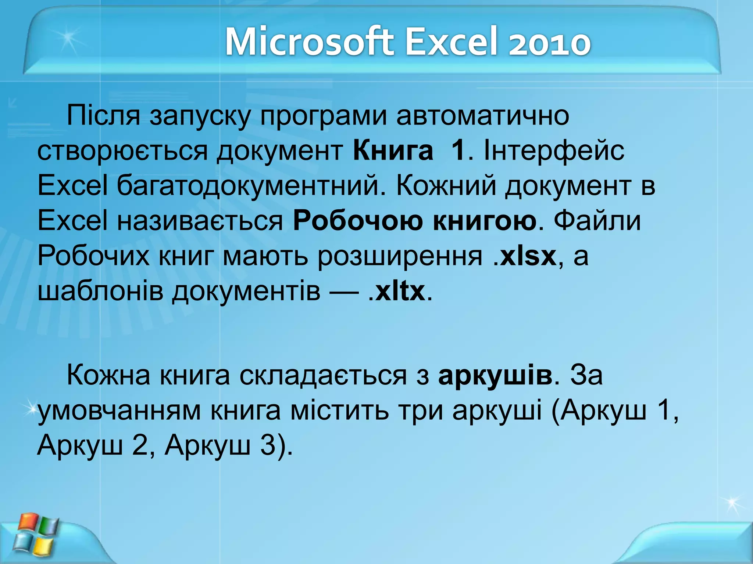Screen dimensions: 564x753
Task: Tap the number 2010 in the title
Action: point(549,43)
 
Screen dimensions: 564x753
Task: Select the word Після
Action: point(103,116)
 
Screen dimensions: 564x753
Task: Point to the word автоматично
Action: point(482,116)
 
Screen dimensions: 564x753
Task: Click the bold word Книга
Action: point(393,151)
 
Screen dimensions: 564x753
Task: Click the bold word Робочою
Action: point(358,221)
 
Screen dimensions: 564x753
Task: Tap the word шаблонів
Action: point(100,291)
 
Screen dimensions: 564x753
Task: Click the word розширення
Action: point(400,257)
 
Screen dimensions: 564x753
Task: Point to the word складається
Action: point(323,375)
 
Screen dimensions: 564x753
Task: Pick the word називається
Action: point(200,221)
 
